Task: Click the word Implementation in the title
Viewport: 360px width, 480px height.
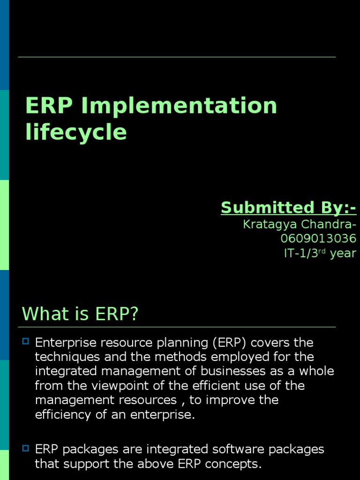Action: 179,106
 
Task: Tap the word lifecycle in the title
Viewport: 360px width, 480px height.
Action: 76,132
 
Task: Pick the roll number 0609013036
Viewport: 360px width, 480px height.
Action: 318,239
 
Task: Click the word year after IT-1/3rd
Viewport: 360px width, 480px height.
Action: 343,254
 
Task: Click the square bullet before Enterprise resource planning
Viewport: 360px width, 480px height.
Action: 26,341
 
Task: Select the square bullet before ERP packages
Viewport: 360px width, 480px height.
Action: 26,449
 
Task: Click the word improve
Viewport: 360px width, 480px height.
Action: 239,400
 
